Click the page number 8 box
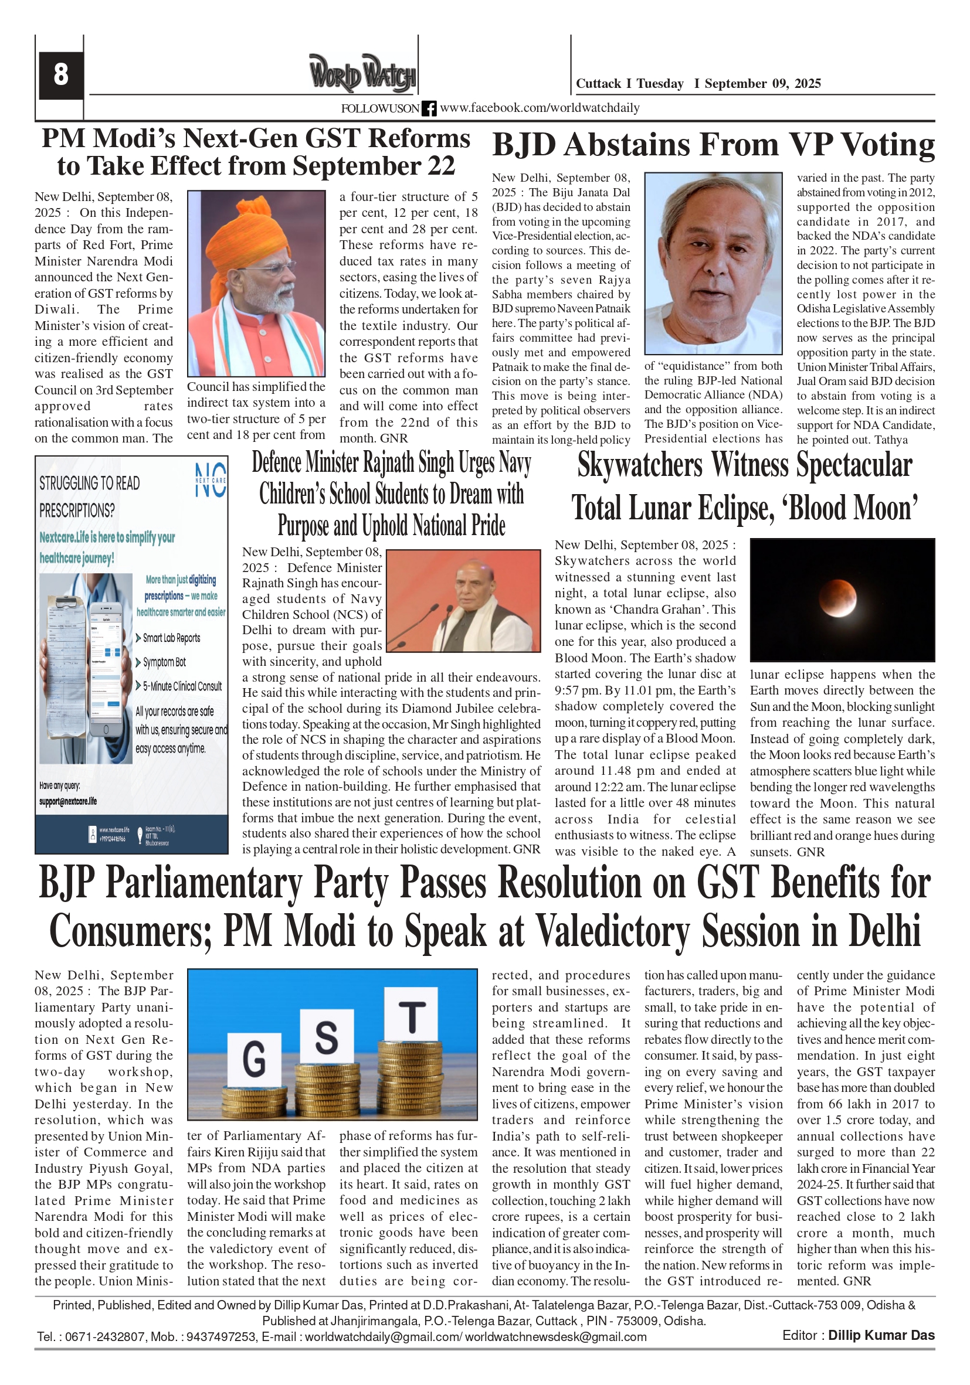(60, 75)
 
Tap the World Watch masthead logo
(362, 73)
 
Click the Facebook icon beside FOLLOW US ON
(429, 108)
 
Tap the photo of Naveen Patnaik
(713, 263)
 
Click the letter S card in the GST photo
(326, 1036)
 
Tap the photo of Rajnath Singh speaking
(463, 600)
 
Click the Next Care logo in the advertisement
(211, 480)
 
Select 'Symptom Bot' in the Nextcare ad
(164, 662)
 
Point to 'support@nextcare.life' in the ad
(67, 801)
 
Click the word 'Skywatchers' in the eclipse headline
(641, 466)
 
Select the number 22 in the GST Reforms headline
(437, 166)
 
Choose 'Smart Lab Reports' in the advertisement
(171, 638)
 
